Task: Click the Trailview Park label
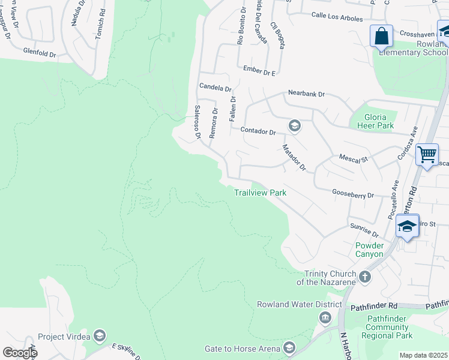[x=260, y=193]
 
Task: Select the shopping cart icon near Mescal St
[x=427, y=155]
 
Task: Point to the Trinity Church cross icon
[x=364, y=277]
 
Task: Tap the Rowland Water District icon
[x=325, y=317]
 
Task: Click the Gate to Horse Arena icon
[x=290, y=349]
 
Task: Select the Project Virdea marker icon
[x=100, y=336]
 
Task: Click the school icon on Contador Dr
[x=294, y=125]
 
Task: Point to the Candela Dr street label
[x=215, y=88]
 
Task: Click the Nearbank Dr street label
[x=306, y=94]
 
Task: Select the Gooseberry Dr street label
[x=353, y=195]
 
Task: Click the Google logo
[x=20, y=352]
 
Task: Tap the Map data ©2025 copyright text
[x=423, y=355]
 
